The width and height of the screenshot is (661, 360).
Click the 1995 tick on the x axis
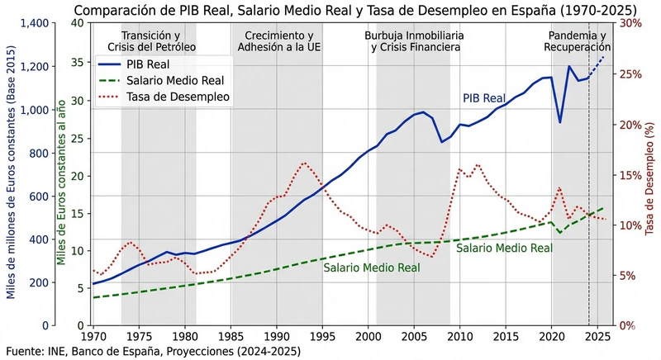click(x=322, y=338)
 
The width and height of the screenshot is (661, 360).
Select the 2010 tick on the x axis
click(x=459, y=338)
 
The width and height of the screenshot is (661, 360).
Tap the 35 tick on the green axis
click(x=77, y=62)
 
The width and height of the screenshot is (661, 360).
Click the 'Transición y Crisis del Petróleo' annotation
click(x=158, y=41)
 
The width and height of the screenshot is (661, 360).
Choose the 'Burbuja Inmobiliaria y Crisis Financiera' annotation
click(x=413, y=41)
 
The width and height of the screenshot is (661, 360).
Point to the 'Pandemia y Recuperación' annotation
click(x=576, y=41)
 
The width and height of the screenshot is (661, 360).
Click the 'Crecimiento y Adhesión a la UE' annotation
click(x=278, y=41)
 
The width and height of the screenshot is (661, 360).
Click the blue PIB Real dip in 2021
click(x=560, y=122)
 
